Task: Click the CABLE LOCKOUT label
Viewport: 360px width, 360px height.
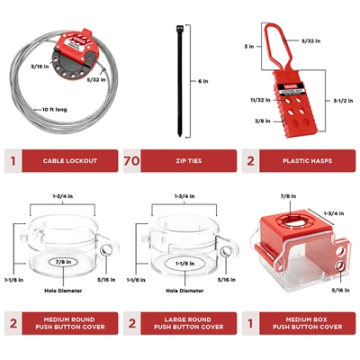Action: point(72,163)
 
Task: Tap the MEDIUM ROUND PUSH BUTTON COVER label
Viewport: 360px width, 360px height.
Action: point(72,323)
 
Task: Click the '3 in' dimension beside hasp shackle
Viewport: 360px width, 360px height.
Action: point(247,45)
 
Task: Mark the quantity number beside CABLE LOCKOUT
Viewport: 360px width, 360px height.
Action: point(13,163)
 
